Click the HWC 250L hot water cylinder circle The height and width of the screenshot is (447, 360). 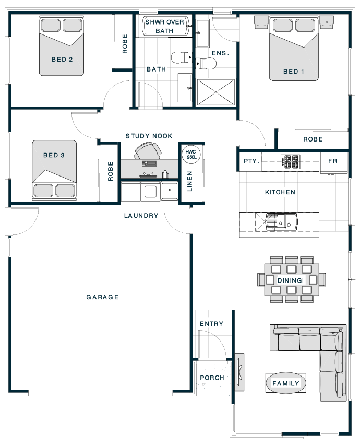[191, 154]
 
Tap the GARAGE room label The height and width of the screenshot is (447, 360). [102, 297]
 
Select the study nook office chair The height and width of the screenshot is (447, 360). [148, 150]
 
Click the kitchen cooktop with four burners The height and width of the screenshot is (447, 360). [291, 162]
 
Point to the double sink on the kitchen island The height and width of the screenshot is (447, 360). [282, 221]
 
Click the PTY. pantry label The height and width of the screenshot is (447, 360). [251, 161]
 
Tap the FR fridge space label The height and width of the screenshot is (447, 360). [333, 161]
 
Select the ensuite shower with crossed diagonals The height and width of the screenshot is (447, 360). [216, 92]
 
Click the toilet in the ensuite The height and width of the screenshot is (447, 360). [206, 63]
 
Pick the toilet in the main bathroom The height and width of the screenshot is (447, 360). [182, 57]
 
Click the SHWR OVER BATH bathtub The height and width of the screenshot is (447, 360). [164, 26]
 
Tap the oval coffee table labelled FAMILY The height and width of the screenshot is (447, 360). [286, 383]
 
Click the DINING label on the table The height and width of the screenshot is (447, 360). [290, 280]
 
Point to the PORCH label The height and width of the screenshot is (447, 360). [212, 378]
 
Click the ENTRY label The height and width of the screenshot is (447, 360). [211, 324]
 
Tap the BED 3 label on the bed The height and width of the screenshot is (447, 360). [54, 155]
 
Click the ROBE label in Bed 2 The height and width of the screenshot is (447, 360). [125, 44]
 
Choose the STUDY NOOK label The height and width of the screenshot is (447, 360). [149, 136]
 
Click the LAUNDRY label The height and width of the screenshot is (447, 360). [141, 216]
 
